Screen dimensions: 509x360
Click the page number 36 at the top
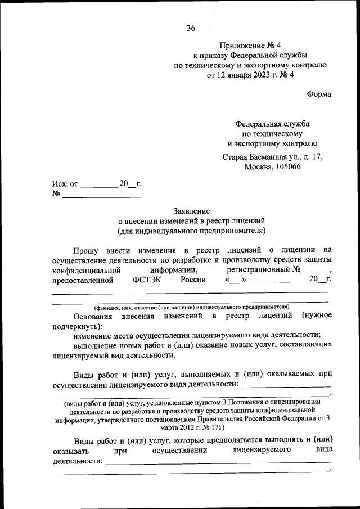click(x=190, y=29)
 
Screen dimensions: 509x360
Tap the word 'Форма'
click(x=319, y=94)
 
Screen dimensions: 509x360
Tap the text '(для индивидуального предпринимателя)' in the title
click(x=191, y=231)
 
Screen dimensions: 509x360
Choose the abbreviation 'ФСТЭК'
click(x=148, y=280)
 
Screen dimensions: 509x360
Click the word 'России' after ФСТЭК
click(x=193, y=280)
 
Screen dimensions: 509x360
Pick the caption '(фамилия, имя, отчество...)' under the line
click(x=191, y=307)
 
